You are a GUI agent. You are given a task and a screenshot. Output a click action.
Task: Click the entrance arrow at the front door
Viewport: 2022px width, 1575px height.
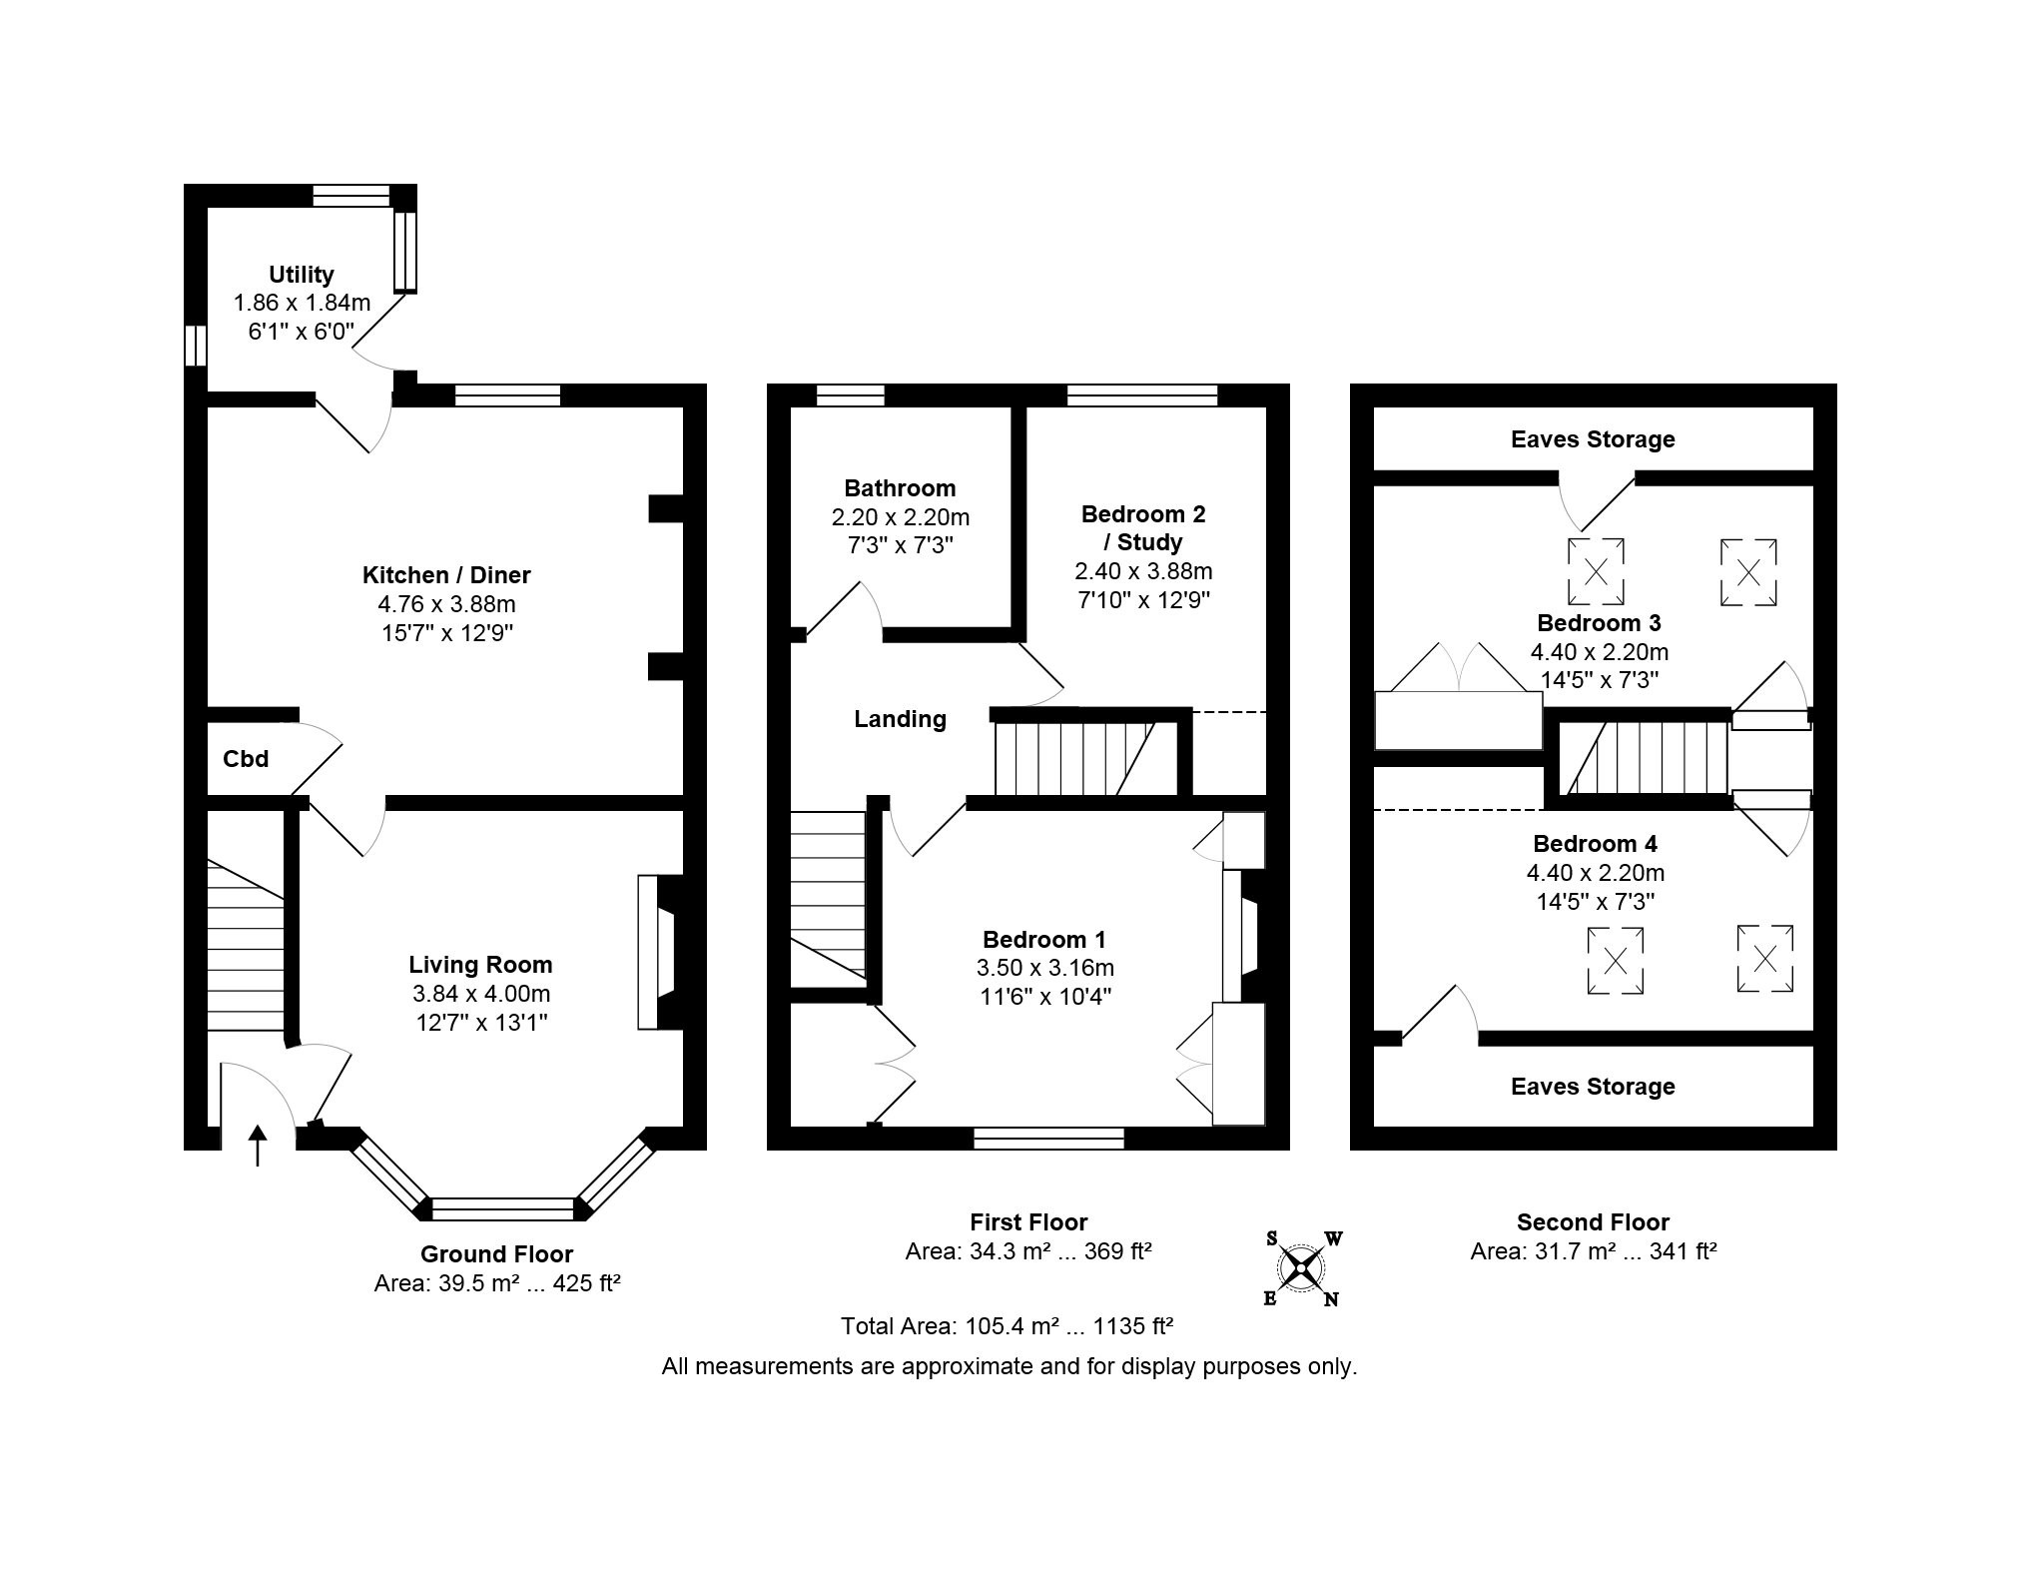(258, 1146)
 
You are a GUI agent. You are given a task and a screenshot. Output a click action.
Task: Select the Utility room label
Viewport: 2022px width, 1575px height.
(302, 275)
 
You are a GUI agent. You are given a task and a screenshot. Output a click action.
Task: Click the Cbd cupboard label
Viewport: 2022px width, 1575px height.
(246, 759)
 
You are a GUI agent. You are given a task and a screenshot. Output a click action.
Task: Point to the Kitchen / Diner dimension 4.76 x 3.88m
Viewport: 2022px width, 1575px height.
(446, 604)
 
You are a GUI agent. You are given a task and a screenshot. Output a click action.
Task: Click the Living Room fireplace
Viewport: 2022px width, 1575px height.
(659, 952)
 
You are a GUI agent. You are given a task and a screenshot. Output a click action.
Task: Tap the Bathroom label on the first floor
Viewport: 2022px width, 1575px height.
(900, 488)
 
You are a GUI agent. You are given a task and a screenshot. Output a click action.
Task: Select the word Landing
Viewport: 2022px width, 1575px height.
(900, 719)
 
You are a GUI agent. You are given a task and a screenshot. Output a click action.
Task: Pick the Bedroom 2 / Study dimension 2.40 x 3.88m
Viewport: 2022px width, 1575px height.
(1143, 571)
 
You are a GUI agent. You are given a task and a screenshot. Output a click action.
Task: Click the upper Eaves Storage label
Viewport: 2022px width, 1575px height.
(1593, 439)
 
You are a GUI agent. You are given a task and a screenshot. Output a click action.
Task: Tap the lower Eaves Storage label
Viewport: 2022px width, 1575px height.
(1593, 1087)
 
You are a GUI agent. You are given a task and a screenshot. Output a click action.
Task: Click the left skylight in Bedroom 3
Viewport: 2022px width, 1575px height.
(1596, 572)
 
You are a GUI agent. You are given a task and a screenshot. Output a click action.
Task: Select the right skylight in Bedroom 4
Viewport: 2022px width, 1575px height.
(1764, 959)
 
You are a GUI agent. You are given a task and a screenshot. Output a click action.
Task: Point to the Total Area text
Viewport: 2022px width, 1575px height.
(1007, 1326)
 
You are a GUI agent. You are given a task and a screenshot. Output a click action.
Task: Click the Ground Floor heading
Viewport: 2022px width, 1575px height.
(496, 1254)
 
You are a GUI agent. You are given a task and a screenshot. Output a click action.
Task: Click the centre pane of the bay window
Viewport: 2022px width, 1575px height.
(504, 1209)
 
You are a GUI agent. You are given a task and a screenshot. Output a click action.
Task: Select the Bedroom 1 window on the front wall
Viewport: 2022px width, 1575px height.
(1048, 1139)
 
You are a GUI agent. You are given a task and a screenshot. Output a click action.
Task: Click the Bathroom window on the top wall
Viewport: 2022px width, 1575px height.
(851, 395)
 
